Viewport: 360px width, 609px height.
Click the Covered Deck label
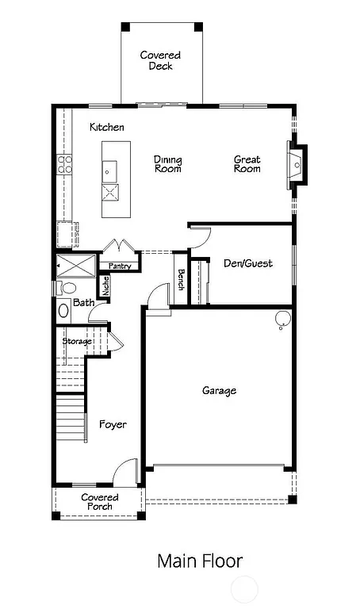pos(160,60)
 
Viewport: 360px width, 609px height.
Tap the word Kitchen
pos(106,127)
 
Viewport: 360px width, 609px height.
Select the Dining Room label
pos(167,164)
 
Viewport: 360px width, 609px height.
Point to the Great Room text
pos(247,164)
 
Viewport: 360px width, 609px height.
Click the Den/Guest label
pos(248,263)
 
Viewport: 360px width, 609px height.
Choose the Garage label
pos(219,390)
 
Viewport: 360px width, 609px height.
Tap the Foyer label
pos(113,424)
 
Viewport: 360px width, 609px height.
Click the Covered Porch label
pos(100,502)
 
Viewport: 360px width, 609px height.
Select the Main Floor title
pos(199,561)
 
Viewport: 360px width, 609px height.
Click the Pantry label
pos(120,266)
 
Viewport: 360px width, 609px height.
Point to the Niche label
pos(105,285)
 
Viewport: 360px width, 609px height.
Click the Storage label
pos(77,341)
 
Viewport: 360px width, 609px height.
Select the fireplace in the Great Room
pos(297,164)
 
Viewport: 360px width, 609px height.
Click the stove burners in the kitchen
pos(64,164)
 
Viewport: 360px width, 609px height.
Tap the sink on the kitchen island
pos(109,170)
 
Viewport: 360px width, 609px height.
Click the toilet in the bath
pos(66,288)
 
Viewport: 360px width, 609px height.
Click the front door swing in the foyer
pos(124,473)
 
